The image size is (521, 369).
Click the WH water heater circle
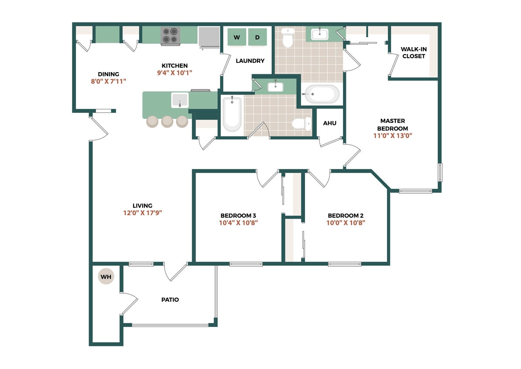pos(106,277)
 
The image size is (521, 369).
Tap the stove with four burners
pos(170,36)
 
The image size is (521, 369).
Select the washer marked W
pos(237,37)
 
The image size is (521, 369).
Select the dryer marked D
pos(257,37)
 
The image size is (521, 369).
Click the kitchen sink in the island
pos(180,100)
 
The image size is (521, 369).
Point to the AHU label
pos(329,123)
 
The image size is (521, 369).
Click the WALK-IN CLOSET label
pos(414,53)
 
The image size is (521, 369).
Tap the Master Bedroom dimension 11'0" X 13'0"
pos(393,136)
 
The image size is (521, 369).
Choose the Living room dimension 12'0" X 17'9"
pos(143,213)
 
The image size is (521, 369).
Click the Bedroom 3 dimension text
pos(238,223)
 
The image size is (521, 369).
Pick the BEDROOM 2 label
pos(346,216)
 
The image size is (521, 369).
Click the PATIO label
pos(170,300)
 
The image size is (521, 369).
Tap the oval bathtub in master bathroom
pos(322,94)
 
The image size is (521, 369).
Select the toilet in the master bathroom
pos(288,38)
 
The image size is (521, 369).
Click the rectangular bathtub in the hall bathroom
pos(232,114)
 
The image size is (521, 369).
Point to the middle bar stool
pos(167,121)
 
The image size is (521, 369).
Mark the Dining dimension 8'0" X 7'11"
pos(108,81)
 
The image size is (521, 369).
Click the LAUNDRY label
pos(250,61)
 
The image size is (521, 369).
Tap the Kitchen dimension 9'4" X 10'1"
pos(175,73)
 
